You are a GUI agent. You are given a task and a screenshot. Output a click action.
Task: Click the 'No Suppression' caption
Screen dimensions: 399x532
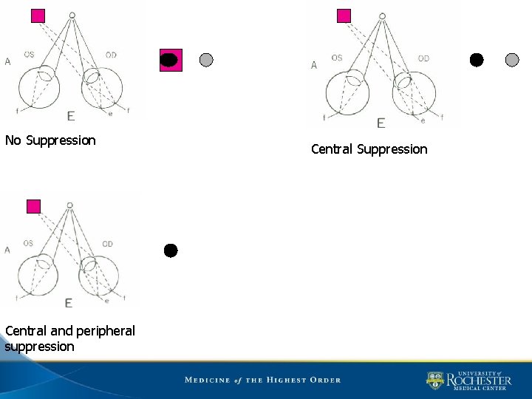tap(50, 140)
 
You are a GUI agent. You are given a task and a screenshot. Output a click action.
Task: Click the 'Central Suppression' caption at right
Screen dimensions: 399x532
tap(369, 149)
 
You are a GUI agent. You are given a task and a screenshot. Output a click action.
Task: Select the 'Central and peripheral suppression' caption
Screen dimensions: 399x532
tap(69, 338)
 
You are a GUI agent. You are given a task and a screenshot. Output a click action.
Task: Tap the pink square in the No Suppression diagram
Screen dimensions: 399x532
tap(38, 16)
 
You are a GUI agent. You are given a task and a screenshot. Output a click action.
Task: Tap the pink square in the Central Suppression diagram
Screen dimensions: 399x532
tap(344, 16)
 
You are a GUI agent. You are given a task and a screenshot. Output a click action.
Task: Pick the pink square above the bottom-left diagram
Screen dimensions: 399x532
tap(33, 206)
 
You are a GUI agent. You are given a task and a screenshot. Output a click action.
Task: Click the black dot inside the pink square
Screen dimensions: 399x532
tap(170, 61)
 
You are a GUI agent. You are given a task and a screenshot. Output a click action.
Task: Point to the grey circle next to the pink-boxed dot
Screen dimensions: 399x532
tap(206, 60)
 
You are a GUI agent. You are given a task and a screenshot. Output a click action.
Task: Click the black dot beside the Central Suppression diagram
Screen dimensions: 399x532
tap(477, 60)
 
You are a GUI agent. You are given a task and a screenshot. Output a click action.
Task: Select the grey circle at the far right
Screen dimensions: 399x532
tap(512, 60)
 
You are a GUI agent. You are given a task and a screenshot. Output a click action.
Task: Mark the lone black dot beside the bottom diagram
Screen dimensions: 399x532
tap(171, 250)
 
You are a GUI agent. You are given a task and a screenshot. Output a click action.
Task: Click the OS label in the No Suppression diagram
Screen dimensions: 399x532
tap(29, 55)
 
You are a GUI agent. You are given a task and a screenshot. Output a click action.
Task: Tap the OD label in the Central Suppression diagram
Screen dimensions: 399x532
tap(423, 58)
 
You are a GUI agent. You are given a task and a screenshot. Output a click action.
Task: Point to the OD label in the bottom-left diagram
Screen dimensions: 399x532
tap(107, 244)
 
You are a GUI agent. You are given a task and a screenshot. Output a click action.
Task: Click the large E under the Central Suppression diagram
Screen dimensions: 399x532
tap(381, 123)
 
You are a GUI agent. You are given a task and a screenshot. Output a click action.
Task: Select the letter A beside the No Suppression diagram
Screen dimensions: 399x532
tap(7, 61)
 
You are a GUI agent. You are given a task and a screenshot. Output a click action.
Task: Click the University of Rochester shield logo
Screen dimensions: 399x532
tap(434, 380)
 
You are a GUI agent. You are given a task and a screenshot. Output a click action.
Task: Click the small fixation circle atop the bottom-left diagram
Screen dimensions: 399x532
tap(69, 205)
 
